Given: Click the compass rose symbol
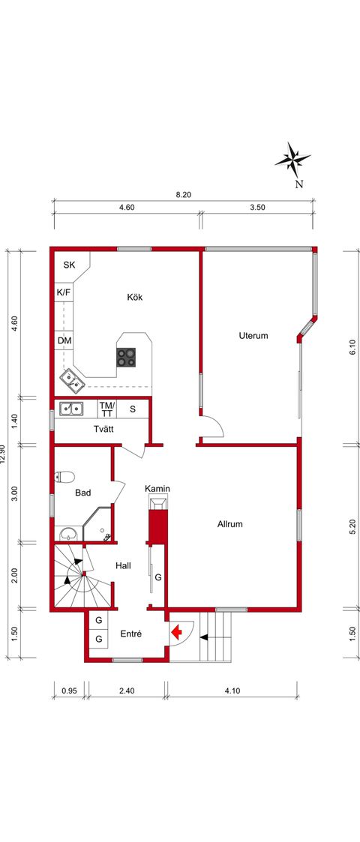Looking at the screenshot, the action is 292,160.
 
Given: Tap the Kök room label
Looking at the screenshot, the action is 135,297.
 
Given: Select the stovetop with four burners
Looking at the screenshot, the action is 126,357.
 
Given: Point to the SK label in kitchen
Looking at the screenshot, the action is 69,265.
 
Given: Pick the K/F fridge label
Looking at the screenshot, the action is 64,292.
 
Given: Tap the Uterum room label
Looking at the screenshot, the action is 253,336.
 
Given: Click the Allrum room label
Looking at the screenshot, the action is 230,523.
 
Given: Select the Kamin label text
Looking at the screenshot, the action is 158,489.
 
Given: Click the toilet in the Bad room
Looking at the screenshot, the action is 64,476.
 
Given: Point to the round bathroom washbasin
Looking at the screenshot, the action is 68,534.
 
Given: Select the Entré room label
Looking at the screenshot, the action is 131,634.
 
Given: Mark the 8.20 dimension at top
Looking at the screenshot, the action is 183,195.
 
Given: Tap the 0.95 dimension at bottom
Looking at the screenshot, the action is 70,691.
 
